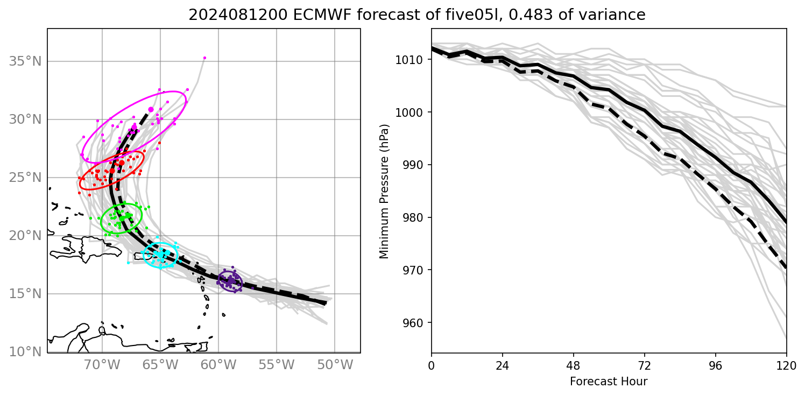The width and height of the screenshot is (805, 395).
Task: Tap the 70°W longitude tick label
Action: (x=102, y=365)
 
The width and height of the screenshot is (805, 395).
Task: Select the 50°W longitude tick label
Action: (x=335, y=365)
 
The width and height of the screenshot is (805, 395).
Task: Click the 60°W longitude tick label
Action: (x=218, y=365)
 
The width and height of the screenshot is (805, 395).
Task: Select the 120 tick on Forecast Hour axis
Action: (x=787, y=366)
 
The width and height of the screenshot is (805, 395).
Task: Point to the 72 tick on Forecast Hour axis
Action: (x=645, y=366)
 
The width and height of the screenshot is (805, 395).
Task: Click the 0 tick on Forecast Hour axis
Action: (x=432, y=366)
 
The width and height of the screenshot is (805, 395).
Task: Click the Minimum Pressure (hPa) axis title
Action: (x=384, y=191)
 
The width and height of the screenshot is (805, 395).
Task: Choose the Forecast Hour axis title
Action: (x=609, y=382)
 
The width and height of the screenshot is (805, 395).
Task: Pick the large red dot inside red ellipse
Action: (x=122, y=163)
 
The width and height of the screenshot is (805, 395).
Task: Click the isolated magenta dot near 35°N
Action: (x=204, y=58)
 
